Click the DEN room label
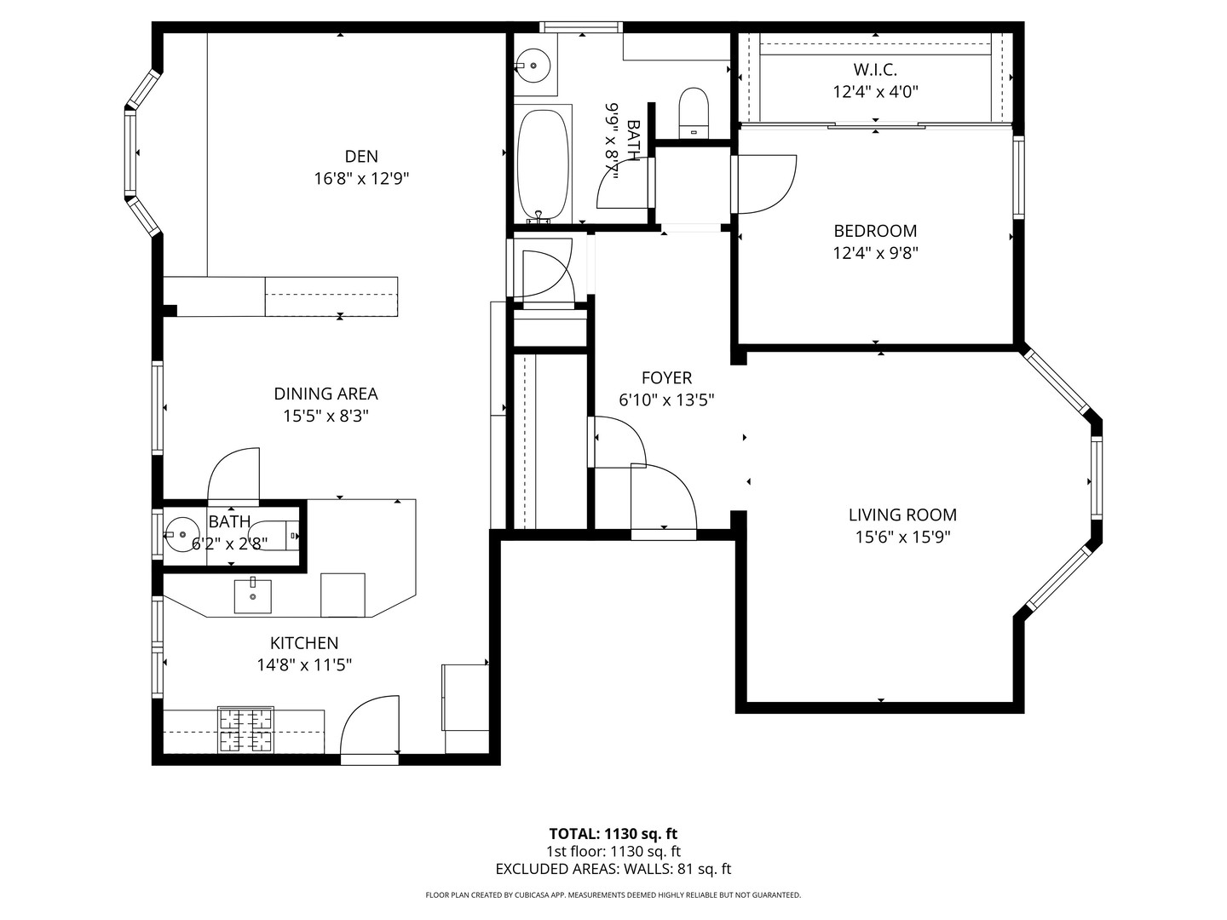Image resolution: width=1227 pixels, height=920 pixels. pyautogui.click(x=361, y=156)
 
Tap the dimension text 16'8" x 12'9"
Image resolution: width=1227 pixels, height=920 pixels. pyautogui.click(x=361, y=179)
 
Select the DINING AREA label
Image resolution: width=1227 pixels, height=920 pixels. pyautogui.click(x=325, y=394)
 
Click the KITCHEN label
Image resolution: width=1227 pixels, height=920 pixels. pyautogui.click(x=304, y=643)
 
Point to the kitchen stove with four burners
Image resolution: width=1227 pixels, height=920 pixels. pyautogui.click(x=246, y=730)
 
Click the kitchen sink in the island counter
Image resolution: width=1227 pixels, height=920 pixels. pyautogui.click(x=253, y=596)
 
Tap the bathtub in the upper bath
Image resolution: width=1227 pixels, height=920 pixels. pyautogui.click(x=543, y=165)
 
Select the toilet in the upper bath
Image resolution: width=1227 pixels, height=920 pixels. pyautogui.click(x=694, y=112)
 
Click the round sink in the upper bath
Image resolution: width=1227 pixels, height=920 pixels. pyautogui.click(x=534, y=63)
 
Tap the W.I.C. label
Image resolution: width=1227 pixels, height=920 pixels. pyautogui.click(x=875, y=70)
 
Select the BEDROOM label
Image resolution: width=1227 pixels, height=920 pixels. pyautogui.click(x=875, y=231)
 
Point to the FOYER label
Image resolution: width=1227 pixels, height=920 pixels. pyautogui.click(x=666, y=377)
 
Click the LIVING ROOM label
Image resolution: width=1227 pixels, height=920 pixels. pyautogui.click(x=902, y=515)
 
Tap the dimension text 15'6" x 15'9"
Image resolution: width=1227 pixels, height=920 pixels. pyautogui.click(x=902, y=538)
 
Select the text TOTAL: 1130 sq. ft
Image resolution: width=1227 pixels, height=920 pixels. pyautogui.click(x=613, y=834)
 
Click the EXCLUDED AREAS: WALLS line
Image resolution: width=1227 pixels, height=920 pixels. pyautogui.click(x=613, y=870)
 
